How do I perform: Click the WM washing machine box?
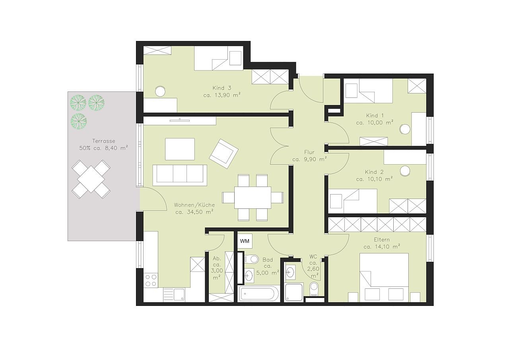tap(245, 241)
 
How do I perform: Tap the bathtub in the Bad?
tap(258, 294)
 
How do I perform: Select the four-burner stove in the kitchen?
tap(151, 280)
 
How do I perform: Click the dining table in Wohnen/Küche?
tap(253, 197)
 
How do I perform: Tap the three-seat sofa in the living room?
tap(180, 175)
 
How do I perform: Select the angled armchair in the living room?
tap(223, 154)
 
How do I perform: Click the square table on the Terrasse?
tap(91, 179)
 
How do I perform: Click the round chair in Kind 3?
tap(160, 91)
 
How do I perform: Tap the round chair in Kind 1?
tap(405, 129)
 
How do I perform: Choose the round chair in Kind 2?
tap(405, 171)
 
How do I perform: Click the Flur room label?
tap(309, 152)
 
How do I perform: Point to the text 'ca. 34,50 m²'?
tap(194, 212)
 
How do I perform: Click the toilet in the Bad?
tap(252, 259)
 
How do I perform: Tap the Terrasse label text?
tap(104, 141)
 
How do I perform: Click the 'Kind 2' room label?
tap(374, 172)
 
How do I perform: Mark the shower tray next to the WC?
tap(293, 292)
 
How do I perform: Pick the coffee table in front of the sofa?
tap(180, 149)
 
